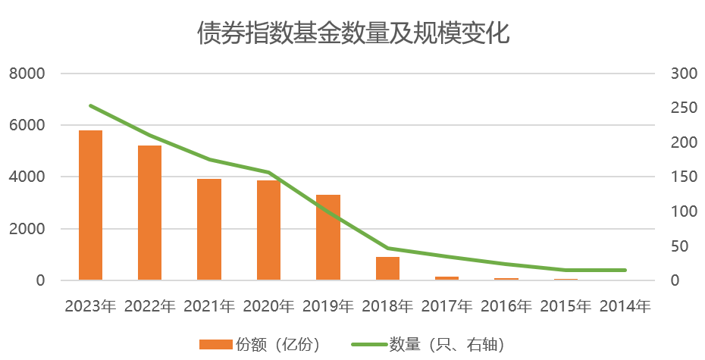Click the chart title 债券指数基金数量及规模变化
pos(352,34)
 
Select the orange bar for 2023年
pos(90,205)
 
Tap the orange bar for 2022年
pos(149,213)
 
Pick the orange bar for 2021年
pos(209,230)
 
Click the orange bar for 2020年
pos(268,230)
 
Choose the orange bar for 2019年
pos(327,237)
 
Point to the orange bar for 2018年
pos(387,268)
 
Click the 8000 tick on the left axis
pos(27,74)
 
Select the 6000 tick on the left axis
pos(27,125)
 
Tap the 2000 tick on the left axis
pos(27,229)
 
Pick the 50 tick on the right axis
pos(679,246)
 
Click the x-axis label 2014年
pos(625,307)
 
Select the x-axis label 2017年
pos(446,307)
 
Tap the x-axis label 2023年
pos(90,307)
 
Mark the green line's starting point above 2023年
pos(90,105)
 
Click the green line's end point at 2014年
pos(625,270)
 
